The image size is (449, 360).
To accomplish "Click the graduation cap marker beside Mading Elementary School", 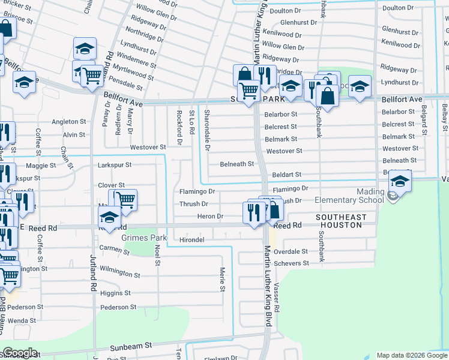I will tap(400, 181).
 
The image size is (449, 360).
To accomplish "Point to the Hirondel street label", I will tap(192, 239).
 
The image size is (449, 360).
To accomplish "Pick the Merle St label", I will tap(221, 279).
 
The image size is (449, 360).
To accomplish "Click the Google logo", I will tap(19, 353).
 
